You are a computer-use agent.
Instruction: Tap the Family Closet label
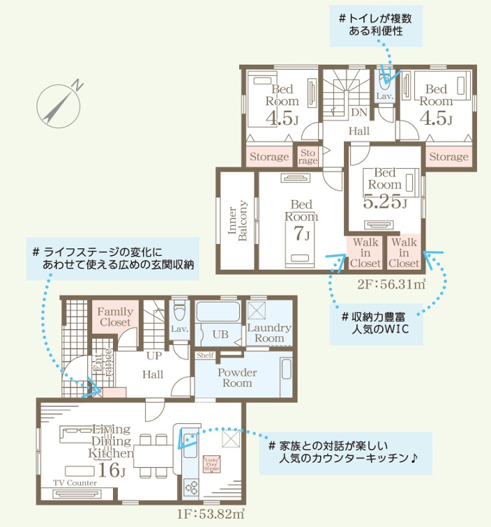pos(115,317)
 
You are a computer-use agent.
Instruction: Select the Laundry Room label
pos(269,333)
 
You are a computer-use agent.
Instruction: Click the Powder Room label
pos(237,378)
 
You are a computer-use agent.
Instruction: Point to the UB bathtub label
pos(220,335)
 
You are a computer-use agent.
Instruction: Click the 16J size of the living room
pos(112,470)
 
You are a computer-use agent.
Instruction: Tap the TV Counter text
pos(75,483)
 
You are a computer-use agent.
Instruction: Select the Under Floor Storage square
pos(212,464)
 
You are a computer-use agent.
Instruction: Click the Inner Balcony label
pos(238,221)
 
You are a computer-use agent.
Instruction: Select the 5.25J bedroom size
pos(385,202)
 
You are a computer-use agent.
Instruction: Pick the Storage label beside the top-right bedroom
pos(448,157)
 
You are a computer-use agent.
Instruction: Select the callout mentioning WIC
pos(376,322)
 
